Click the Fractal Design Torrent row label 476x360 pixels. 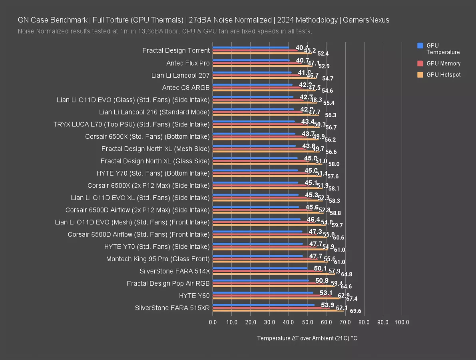coord(176,50)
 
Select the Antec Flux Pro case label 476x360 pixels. coord(188,63)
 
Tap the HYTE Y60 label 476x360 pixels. coord(194,296)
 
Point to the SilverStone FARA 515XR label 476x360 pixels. coord(172,308)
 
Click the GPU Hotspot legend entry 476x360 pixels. coord(443,75)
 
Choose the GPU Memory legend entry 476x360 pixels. coord(443,63)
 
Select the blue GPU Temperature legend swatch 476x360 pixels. coord(420,46)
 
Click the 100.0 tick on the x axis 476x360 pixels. coord(402,322)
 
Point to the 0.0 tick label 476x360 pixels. coord(213,322)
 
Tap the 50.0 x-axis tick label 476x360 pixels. coord(307,322)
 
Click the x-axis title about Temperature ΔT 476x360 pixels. coord(307,338)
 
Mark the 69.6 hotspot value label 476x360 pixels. coord(355,311)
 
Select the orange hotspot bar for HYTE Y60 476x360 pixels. coord(276,298)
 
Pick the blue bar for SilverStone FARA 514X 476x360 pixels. coord(260,268)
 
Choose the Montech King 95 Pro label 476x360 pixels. coord(158,259)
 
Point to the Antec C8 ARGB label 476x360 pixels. coord(186,87)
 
